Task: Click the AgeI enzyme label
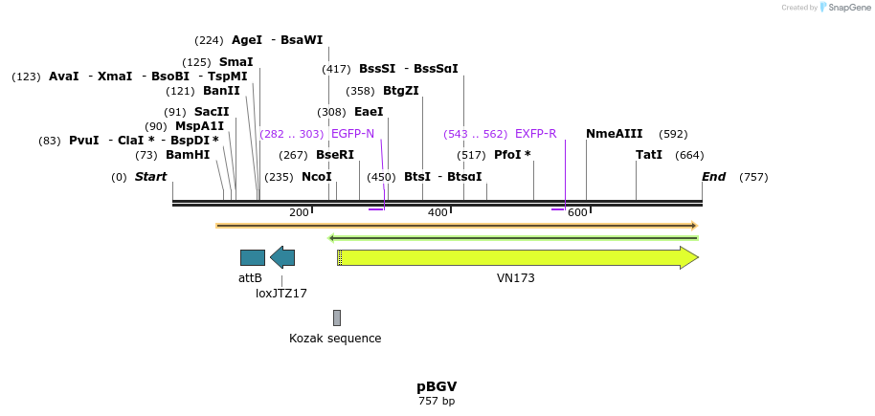(247, 40)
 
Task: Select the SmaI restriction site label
(236, 62)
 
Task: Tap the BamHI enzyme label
(188, 155)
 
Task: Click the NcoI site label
(317, 177)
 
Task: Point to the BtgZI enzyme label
(401, 91)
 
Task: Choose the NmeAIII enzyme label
(615, 134)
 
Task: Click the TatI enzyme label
(649, 155)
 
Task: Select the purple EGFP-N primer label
(352, 134)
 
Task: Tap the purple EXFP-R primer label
(535, 134)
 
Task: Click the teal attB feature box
(253, 257)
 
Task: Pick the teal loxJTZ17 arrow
(282, 257)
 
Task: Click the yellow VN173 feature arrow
(518, 257)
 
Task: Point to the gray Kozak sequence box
(337, 317)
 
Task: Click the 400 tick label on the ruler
(437, 212)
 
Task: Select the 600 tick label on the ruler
(577, 212)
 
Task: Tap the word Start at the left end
(150, 177)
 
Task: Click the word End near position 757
(714, 177)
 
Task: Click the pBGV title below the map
(437, 386)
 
